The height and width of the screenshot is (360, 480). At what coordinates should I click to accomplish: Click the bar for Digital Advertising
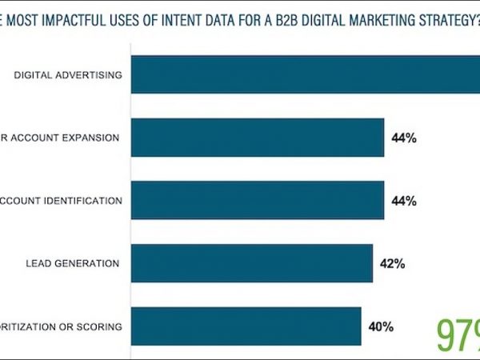tap(304, 74)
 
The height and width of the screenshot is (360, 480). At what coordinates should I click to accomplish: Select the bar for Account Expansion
tap(256, 138)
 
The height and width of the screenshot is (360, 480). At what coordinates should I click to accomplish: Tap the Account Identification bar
tap(256, 200)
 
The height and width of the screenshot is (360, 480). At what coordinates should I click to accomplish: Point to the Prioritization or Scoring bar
tap(245, 326)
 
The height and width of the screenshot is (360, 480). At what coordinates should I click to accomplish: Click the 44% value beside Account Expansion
tap(404, 138)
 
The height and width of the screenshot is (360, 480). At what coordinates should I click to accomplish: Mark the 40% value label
tap(381, 326)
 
